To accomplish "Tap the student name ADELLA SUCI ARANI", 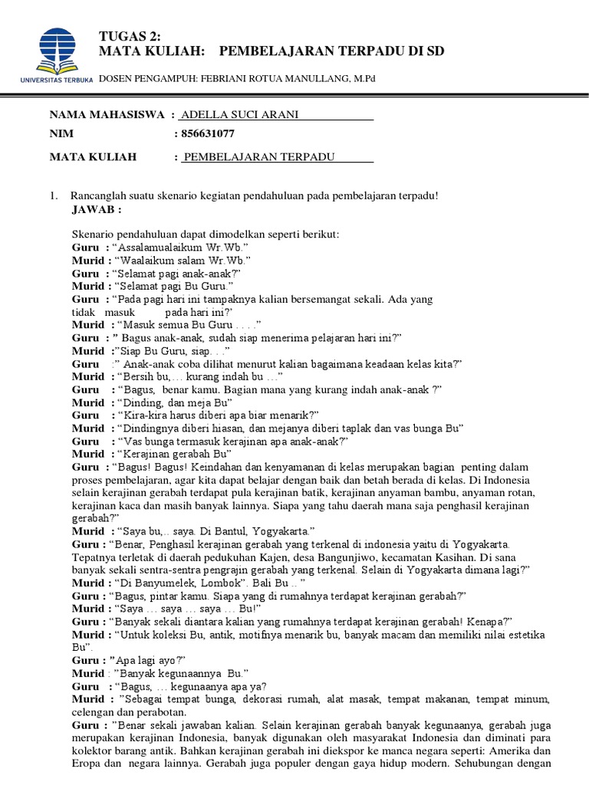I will coord(238,115).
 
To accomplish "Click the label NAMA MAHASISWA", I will coord(107,115).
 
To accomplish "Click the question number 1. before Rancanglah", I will coord(54,195).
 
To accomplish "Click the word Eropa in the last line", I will coord(89,764).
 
